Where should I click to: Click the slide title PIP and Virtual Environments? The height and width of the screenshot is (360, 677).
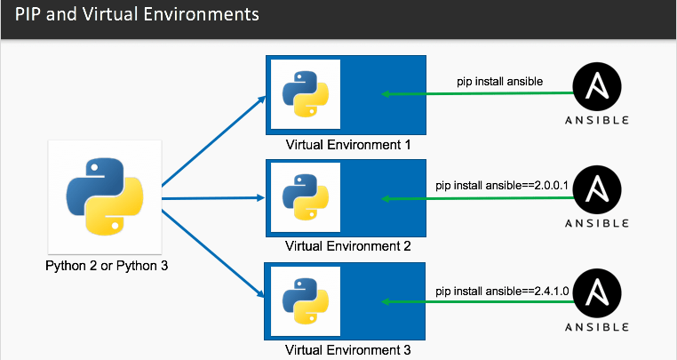[137, 14]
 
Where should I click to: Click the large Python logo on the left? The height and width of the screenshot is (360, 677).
[105, 196]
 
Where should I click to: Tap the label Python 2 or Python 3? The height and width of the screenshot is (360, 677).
[107, 266]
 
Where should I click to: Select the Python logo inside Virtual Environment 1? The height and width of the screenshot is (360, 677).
[306, 94]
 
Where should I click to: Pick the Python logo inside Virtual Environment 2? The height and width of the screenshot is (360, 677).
[306, 197]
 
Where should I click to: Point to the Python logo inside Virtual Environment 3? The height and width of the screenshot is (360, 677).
[306, 301]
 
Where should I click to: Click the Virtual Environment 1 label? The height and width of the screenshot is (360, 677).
[348, 145]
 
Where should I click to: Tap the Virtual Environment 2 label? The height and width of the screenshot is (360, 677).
[348, 246]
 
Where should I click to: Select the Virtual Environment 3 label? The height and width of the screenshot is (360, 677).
[348, 349]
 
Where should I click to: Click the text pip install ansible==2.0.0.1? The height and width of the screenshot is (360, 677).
[502, 186]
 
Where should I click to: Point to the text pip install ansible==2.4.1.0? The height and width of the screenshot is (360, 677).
[502, 292]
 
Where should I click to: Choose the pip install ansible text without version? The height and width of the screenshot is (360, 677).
[499, 82]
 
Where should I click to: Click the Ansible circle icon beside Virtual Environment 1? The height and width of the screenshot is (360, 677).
[597, 87]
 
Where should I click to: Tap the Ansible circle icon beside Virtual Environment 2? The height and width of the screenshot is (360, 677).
[597, 190]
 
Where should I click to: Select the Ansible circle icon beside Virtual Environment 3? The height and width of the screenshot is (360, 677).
[597, 293]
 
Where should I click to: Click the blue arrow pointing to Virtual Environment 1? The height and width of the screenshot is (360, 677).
[214, 141]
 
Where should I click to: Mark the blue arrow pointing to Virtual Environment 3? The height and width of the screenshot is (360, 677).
[213, 253]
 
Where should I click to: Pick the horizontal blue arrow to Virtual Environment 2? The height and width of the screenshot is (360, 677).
[213, 198]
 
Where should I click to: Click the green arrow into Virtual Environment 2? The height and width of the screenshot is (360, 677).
[477, 198]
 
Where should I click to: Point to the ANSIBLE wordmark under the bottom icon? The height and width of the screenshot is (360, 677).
[597, 327]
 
